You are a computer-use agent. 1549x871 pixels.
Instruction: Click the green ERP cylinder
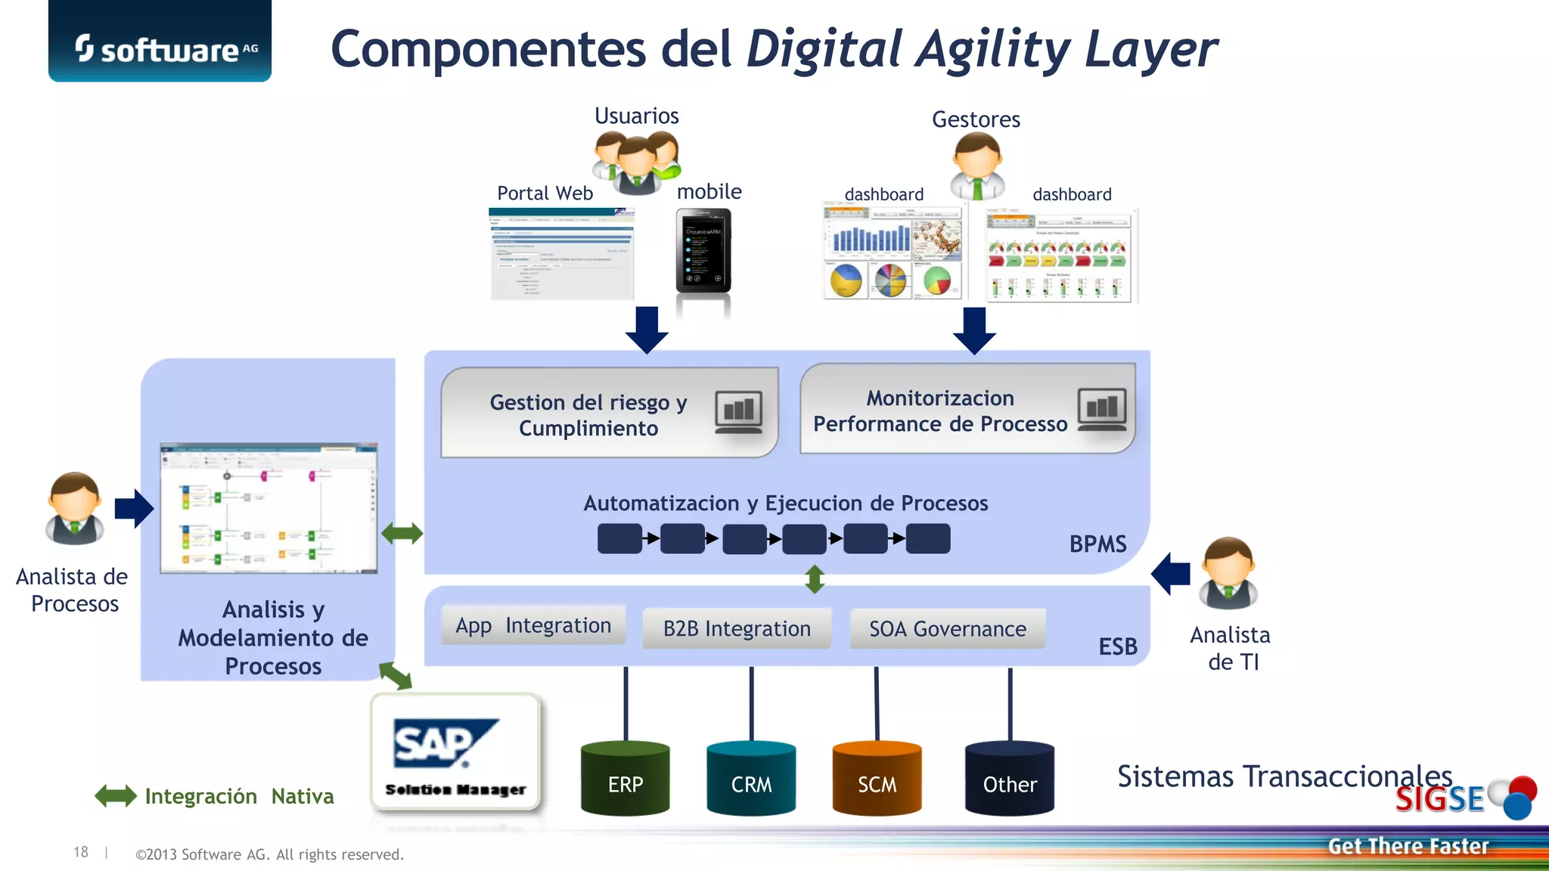pyautogui.click(x=625, y=779)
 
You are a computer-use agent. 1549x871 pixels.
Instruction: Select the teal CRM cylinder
pyautogui.click(x=751, y=779)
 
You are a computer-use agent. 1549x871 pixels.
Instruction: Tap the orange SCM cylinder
pyautogui.click(x=877, y=779)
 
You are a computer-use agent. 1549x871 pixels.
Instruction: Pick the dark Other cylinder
pyautogui.click(x=1010, y=779)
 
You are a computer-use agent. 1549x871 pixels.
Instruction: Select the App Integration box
pyautogui.click(x=533, y=625)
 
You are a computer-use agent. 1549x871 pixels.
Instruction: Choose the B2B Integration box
pyautogui.click(x=737, y=628)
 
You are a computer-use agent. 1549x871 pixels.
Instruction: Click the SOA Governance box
pyautogui.click(x=947, y=628)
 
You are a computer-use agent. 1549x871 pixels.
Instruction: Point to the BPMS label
pyautogui.click(x=1097, y=544)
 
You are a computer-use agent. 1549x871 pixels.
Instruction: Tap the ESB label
pyautogui.click(x=1118, y=646)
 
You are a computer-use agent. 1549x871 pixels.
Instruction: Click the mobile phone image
pyautogui.click(x=703, y=251)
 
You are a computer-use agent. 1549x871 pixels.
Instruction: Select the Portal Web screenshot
pyautogui.click(x=562, y=254)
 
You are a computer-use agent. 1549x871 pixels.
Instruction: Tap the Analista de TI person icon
pyautogui.click(x=1229, y=573)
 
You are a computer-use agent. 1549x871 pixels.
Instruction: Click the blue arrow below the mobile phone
pyautogui.click(x=647, y=330)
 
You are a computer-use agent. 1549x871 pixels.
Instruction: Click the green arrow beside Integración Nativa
pyautogui.click(x=116, y=795)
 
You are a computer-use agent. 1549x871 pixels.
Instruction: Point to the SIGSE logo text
pyautogui.click(x=1439, y=799)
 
